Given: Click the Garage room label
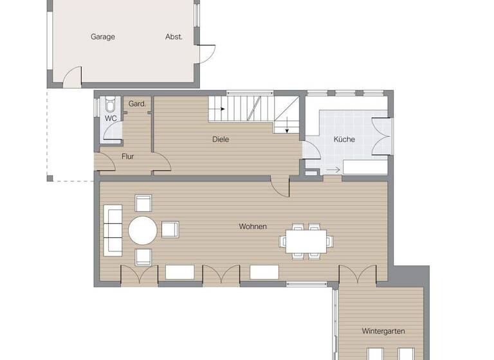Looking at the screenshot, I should [x=102, y=37].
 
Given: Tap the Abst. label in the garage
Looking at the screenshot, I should [x=174, y=37].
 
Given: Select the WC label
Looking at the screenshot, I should [x=111, y=118].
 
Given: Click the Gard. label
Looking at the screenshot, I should [x=137, y=104].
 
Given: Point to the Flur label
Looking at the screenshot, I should [x=127, y=156].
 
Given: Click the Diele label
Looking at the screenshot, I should [x=221, y=139].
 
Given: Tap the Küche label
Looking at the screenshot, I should [x=344, y=139].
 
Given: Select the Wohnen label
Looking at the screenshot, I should [x=253, y=226].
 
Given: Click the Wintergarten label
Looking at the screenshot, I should [x=383, y=331].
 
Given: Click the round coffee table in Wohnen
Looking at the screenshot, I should [x=142, y=230].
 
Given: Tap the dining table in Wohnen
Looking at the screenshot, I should [x=306, y=241].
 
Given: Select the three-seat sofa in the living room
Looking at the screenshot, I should [x=112, y=230].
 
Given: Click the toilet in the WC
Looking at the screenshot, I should [x=111, y=104].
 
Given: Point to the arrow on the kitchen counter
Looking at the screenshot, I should [x=333, y=170].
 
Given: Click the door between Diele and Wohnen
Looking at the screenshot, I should [x=280, y=186].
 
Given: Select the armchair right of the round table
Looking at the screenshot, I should [x=170, y=230].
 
